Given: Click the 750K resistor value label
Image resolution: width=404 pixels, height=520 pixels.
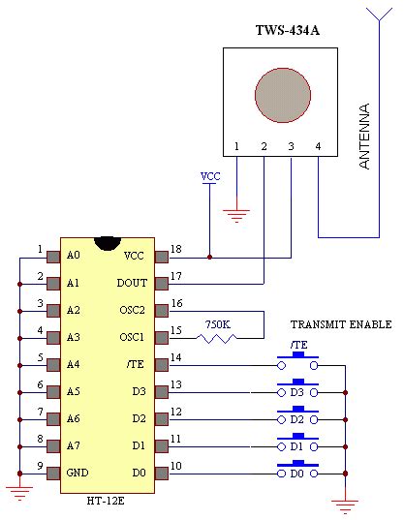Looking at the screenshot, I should pos(218,324).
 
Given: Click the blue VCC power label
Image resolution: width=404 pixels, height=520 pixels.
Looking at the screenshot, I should pos(209,177).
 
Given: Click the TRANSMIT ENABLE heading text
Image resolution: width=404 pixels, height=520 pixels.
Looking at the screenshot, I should pos(341,324).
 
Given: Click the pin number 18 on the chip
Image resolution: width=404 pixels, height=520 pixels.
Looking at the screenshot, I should pos(175,250).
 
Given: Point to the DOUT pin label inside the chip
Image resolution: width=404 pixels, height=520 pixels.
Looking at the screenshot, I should pos(132,284).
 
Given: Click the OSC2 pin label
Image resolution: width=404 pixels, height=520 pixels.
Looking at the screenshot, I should pos(132,311).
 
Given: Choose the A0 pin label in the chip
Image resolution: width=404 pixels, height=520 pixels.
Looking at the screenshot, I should pos(74,257).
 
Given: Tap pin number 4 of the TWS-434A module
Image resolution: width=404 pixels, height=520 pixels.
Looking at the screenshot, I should pos(318,147).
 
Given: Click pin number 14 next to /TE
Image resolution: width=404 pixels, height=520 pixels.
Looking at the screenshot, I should pos(175,358).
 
